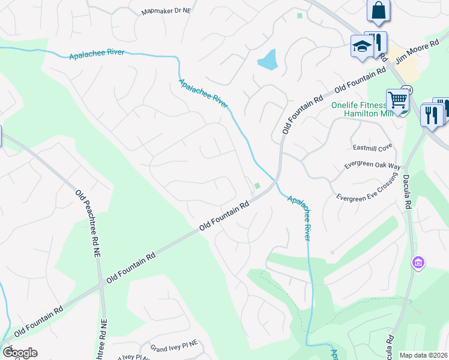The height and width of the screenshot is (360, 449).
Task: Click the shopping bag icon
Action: [x=378, y=10]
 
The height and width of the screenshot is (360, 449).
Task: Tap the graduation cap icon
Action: [x=363, y=46]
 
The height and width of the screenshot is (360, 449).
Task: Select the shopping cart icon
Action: [x=397, y=99]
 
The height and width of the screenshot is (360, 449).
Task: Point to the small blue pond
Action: [x=267, y=59]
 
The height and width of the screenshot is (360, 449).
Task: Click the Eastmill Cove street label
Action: [x=372, y=146]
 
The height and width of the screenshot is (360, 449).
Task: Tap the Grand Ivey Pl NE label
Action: [x=174, y=347]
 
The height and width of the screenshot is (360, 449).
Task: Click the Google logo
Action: [x=20, y=353]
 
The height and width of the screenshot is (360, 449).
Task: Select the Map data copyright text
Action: [x=424, y=355]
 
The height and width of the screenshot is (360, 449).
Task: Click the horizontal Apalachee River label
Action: [x=97, y=53]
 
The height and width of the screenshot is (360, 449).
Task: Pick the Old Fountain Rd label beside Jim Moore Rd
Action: [x=360, y=81]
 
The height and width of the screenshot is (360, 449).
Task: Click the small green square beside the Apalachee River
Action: [x=258, y=185]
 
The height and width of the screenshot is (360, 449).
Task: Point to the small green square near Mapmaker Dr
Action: [x=300, y=16]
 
